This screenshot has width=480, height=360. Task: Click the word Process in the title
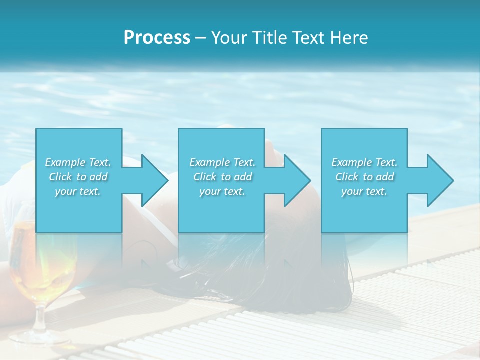click(157, 38)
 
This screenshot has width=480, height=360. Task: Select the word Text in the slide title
click(309, 38)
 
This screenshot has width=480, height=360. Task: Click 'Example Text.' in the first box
click(78, 162)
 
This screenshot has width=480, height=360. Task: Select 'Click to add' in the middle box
click(222, 177)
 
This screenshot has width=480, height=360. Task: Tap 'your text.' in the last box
click(364, 191)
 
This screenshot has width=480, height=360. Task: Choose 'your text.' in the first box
click(78, 191)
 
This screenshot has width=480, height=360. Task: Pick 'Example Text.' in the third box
click(364, 162)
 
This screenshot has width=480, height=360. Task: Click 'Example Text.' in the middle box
click(222, 162)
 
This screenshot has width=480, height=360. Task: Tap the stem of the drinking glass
click(39, 315)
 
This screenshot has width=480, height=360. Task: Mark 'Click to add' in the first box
click(78, 177)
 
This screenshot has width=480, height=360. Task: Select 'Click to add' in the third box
click(364, 177)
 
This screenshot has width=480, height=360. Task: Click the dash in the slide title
click(200, 38)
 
